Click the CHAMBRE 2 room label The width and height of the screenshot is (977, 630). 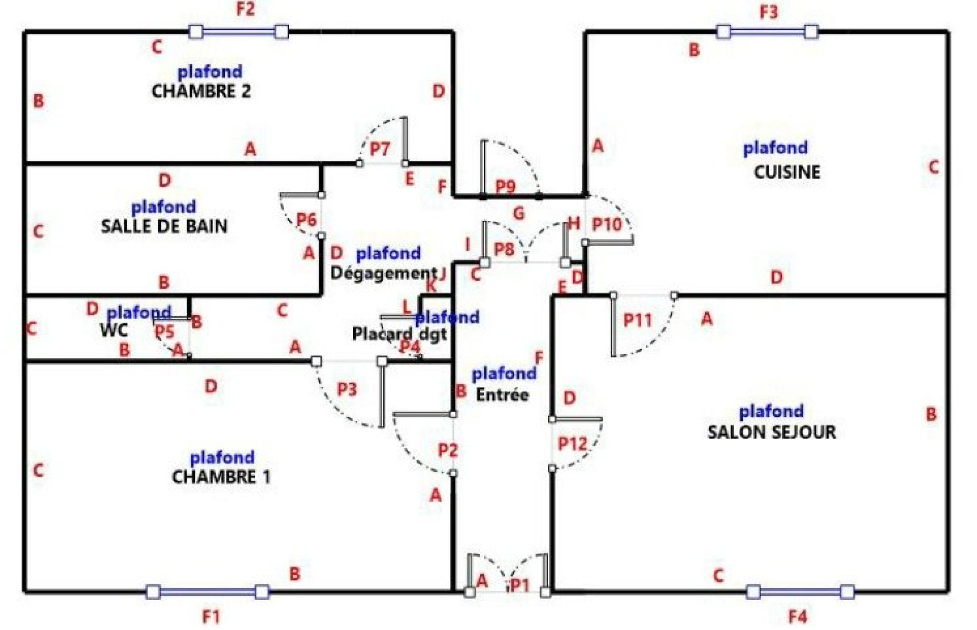(x=201, y=91)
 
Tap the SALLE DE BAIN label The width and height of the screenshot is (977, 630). (x=164, y=226)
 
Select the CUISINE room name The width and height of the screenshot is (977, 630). (x=787, y=172)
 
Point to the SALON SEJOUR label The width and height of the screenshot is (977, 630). (x=771, y=432)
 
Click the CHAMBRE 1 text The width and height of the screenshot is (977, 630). (x=221, y=477)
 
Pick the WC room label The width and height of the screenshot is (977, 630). (x=114, y=330)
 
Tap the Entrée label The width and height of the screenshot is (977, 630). (x=502, y=394)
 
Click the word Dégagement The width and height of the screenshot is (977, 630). (x=384, y=273)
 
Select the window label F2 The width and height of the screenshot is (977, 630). (x=245, y=9)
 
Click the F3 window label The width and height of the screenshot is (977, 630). (x=768, y=12)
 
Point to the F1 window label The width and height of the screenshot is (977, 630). (x=211, y=617)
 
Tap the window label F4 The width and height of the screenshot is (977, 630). (x=797, y=617)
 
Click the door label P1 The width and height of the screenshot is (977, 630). (x=520, y=585)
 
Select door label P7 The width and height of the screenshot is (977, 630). (x=380, y=149)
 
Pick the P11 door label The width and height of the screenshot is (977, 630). (x=638, y=320)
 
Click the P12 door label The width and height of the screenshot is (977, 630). (x=572, y=444)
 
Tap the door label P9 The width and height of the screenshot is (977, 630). (x=505, y=187)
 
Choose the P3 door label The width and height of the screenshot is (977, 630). (x=347, y=389)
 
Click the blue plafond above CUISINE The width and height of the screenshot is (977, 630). (x=775, y=148)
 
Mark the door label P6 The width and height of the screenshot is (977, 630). (x=306, y=219)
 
